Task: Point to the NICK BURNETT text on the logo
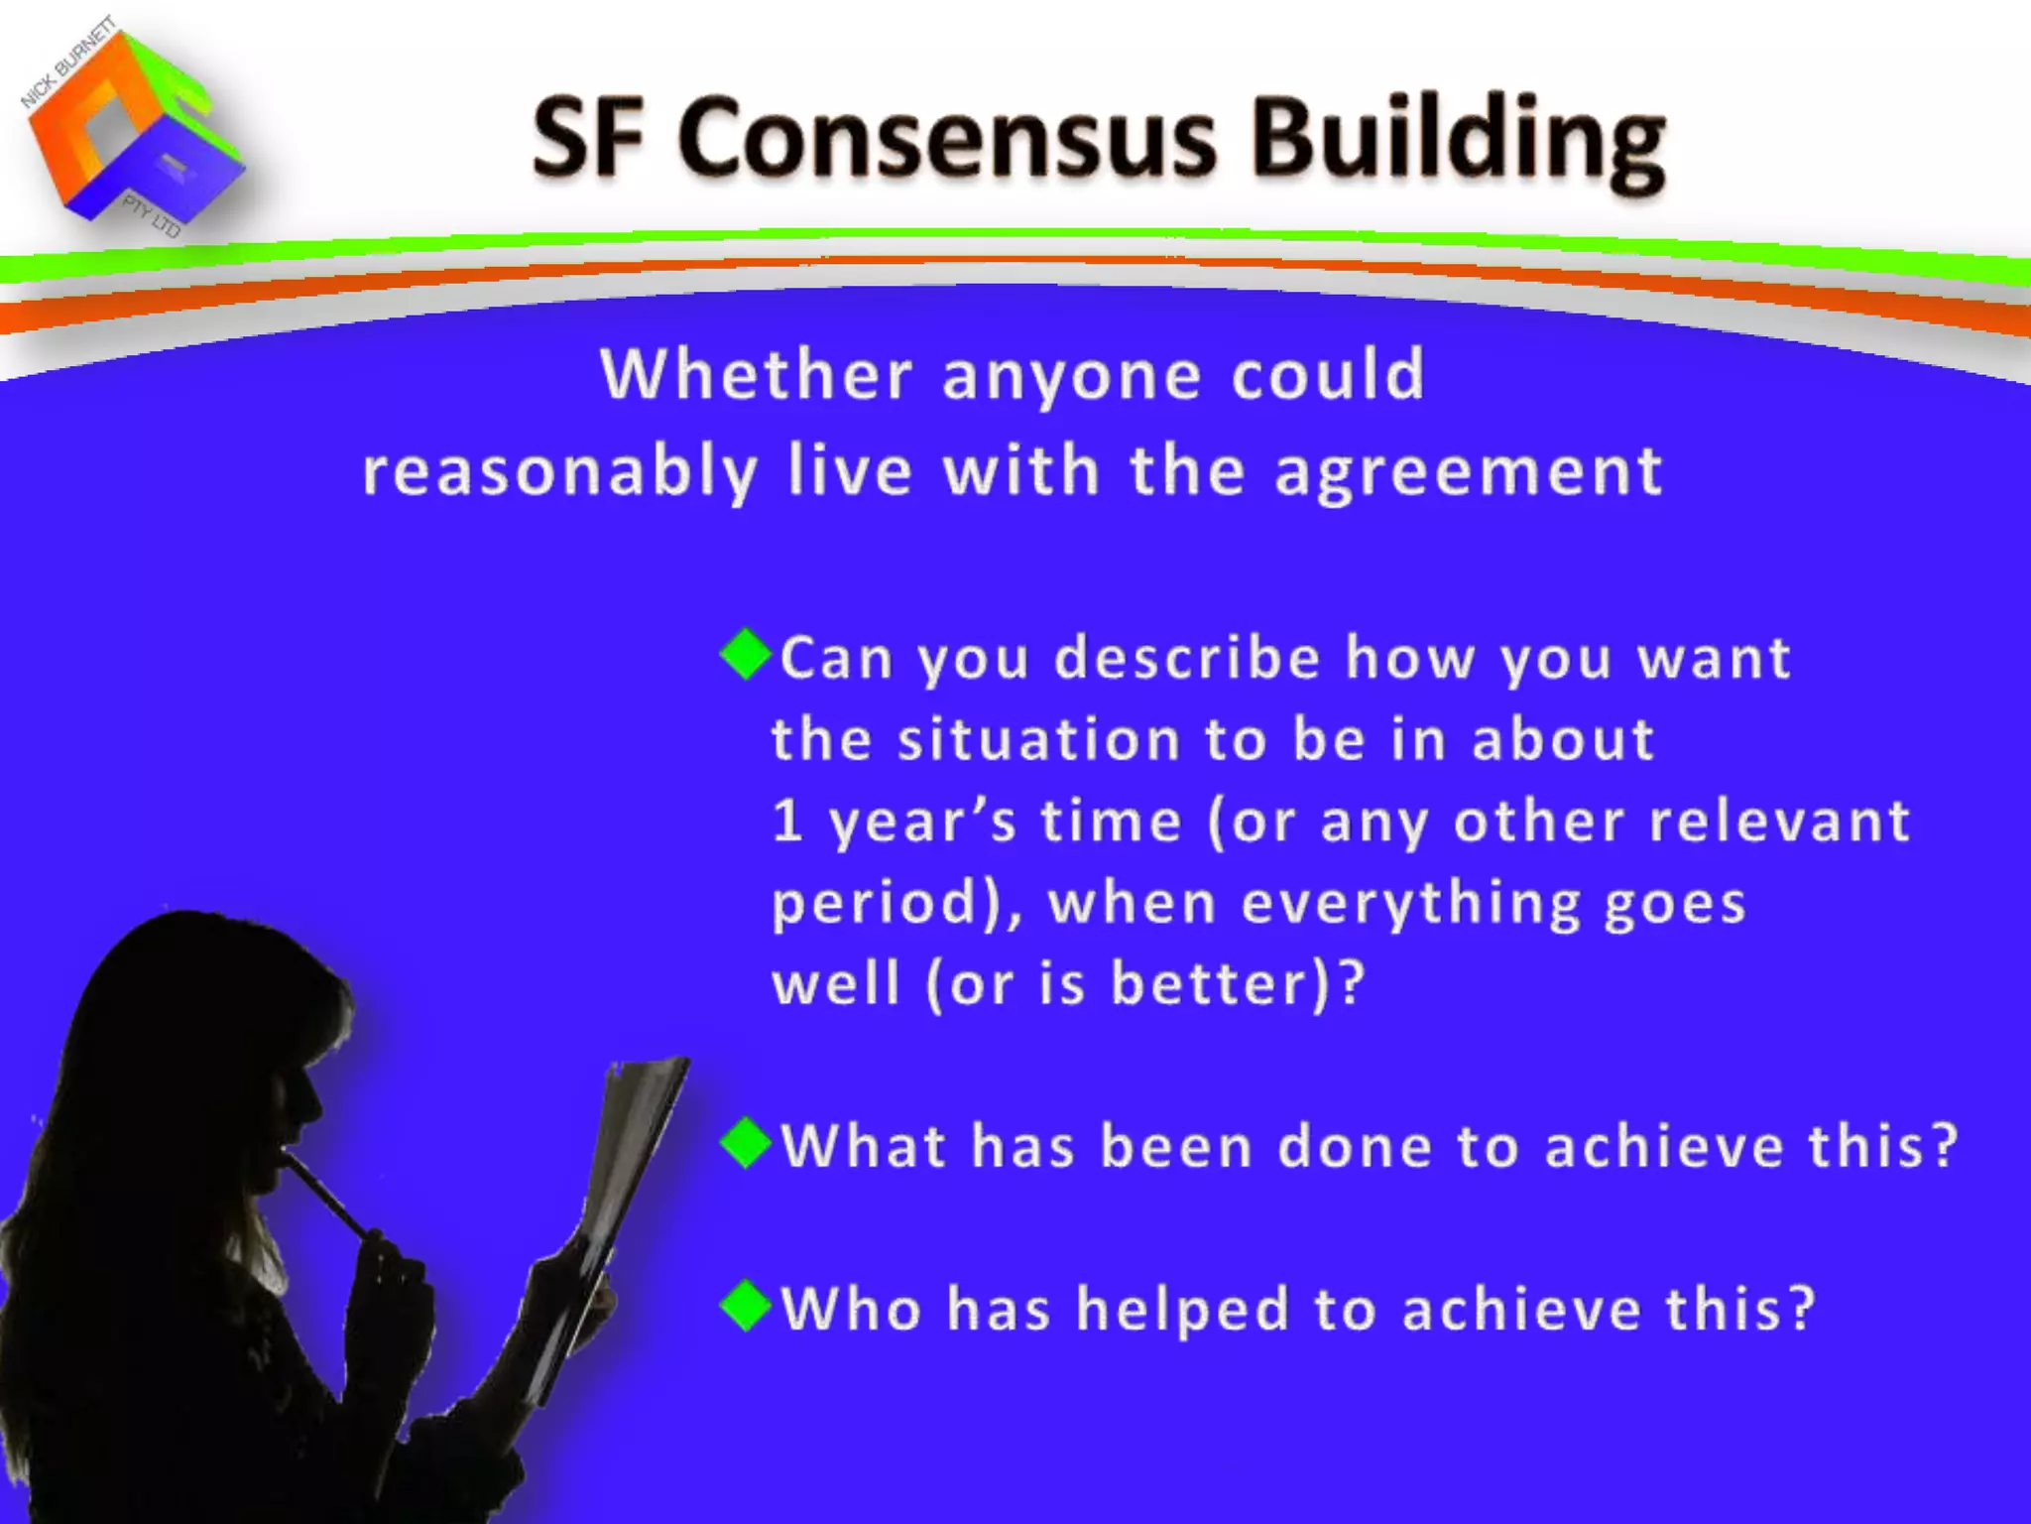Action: [67, 62]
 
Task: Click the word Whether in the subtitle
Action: [756, 375]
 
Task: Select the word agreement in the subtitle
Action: [1468, 472]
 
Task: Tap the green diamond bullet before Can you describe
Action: [746, 654]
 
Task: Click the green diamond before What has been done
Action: [746, 1143]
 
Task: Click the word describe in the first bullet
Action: [1186, 658]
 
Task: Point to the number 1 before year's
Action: [786, 822]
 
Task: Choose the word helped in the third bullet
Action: [1182, 1310]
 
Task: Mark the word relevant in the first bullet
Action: [1780, 822]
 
